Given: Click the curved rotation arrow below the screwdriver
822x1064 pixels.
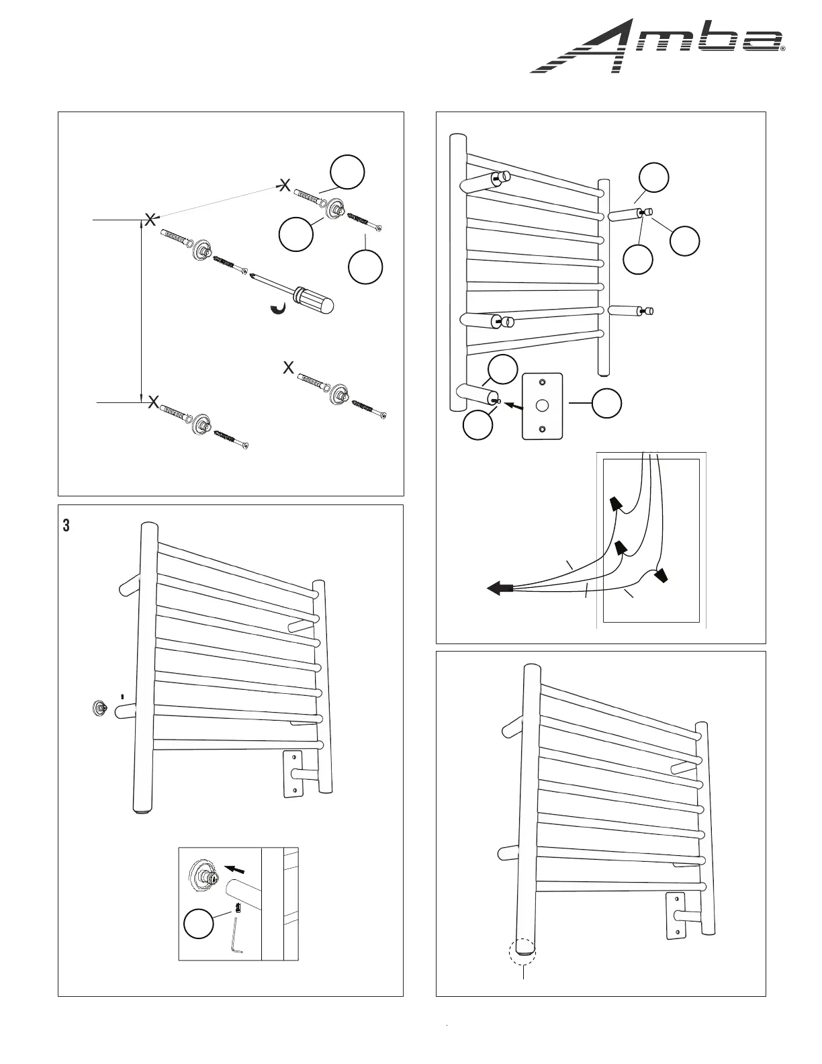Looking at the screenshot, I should coord(277,308).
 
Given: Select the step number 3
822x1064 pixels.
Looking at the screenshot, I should coord(66,526).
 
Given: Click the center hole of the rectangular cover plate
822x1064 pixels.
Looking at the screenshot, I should coord(543,406).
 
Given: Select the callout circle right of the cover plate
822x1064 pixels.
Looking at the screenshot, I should coord(607,403).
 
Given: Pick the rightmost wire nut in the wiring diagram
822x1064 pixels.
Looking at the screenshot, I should coord(663,575).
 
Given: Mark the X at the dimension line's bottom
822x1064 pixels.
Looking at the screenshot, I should coord(153,402).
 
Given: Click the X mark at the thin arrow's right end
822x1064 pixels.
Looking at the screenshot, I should coord(285,185).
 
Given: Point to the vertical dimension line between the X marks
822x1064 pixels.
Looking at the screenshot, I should coord(141,309).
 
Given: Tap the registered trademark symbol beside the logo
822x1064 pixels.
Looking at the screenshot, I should coord(783,49).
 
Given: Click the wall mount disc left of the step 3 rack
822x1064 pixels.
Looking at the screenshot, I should coord(100,707).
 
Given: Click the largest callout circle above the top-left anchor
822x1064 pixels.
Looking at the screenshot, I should coord(347,172).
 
